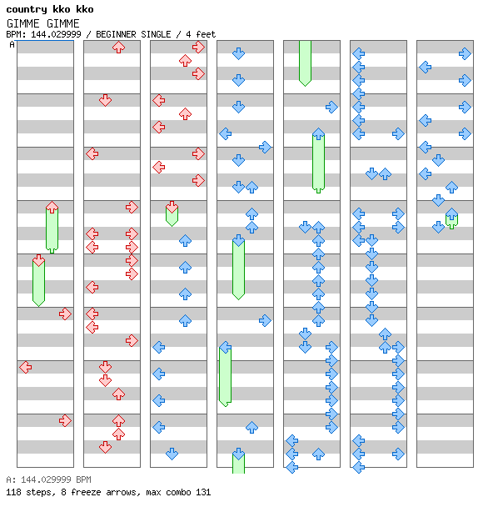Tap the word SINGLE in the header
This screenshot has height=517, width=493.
[x=156, y=34]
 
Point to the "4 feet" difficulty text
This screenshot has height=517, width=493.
[x=201, y=34]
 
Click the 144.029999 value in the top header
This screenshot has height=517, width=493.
[x=56, y=34]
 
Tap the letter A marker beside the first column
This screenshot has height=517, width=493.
[x=12, y=44]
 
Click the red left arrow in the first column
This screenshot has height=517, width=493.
[x=26, y=367]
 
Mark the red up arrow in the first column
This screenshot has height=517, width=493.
[x=52, y=207]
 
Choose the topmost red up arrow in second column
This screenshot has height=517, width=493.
[x=118, y=48]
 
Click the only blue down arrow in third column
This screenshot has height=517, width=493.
[x=172, y=454]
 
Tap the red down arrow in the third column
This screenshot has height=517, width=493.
[x=172, y=207]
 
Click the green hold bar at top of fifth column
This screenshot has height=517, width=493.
[x=306, y=63]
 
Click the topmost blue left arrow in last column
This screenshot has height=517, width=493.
[x=426, y=68]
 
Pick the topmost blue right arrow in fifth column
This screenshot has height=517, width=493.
[x=331, y=108]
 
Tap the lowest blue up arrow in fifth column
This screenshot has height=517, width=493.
[x=318, y=454]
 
